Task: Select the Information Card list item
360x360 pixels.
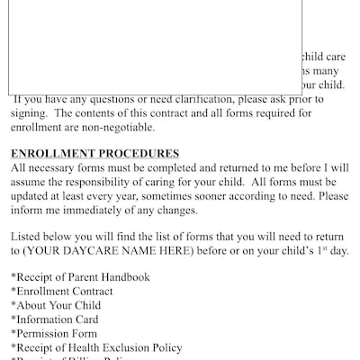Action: click(56, 319)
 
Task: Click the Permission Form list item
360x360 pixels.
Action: click(58, 334)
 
